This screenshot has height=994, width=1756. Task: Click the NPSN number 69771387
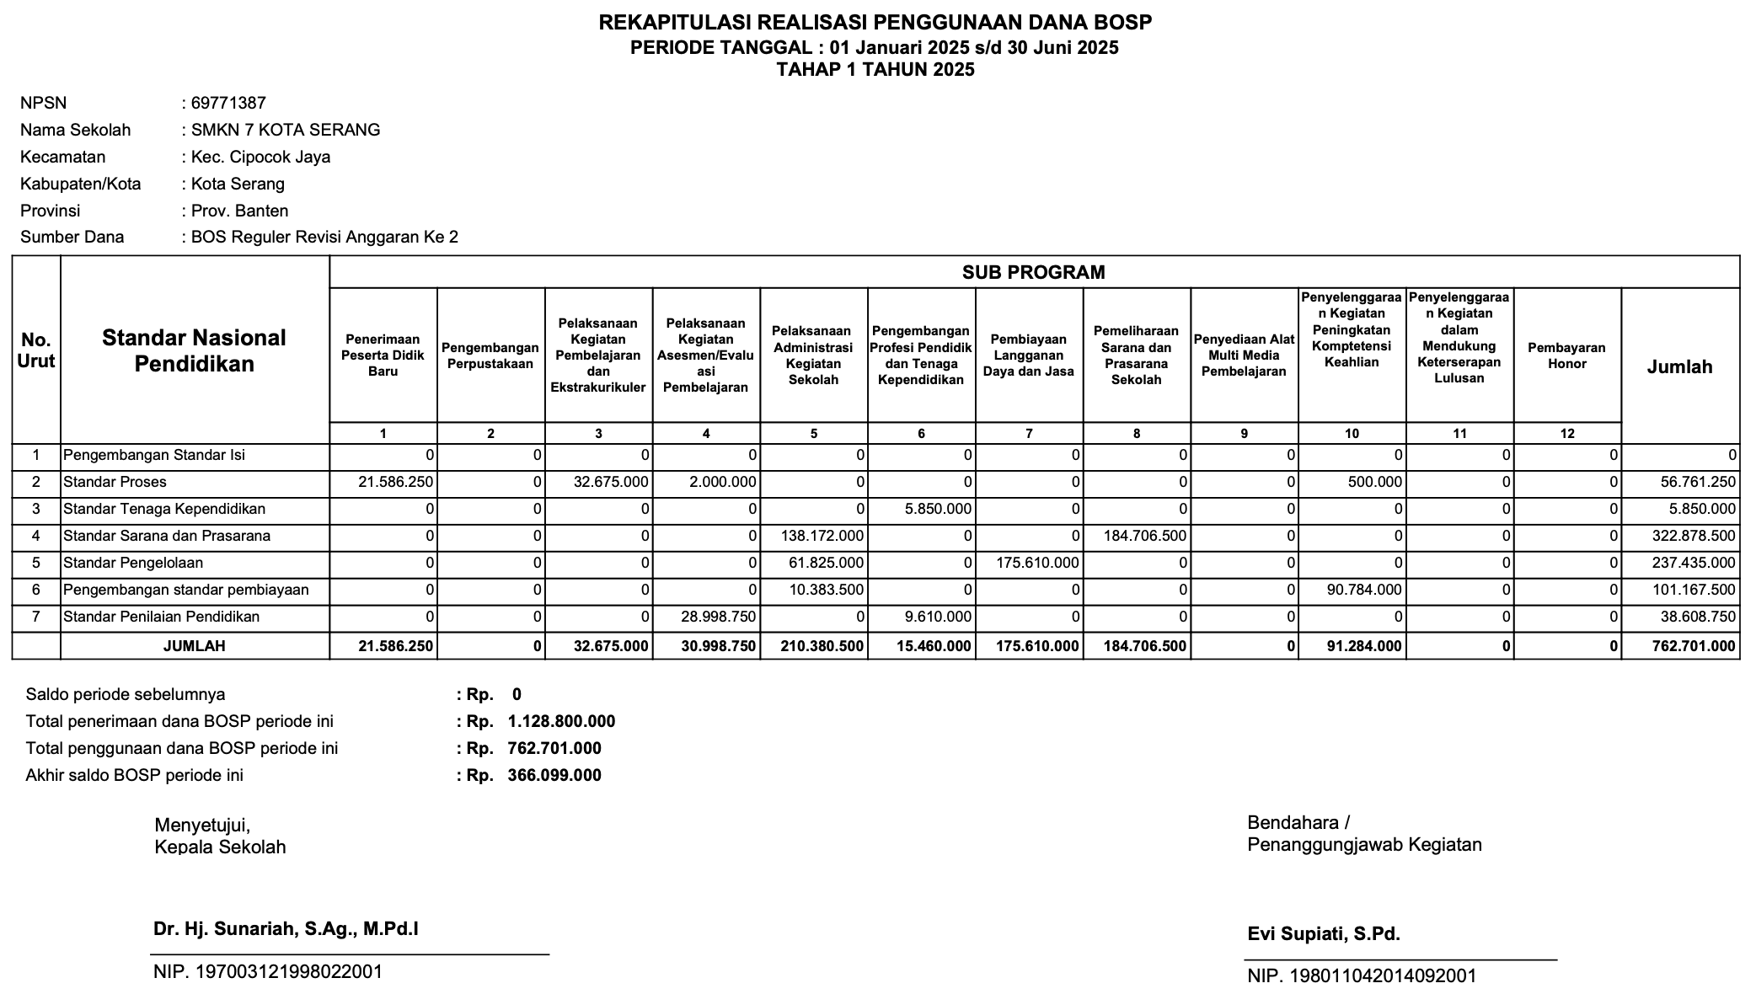[x=228, y=103]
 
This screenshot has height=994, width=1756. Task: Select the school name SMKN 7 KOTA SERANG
[x=286, y=130]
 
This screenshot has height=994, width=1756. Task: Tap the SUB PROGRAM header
[x=1033, y=272]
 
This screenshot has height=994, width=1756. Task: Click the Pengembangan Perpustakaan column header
[x=490, y=355]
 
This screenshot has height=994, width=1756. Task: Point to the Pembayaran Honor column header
[x=1566, y=355]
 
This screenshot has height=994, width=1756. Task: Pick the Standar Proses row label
[x=115, y=482]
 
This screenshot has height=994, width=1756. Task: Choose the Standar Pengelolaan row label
[x=133, y=563]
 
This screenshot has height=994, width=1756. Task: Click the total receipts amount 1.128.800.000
[x=561, y=721]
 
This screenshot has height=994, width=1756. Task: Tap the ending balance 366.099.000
[x=554, y=775]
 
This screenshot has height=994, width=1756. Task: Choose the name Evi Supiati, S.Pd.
[x=1324, y=933]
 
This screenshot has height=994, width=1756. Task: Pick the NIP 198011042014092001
[x=1362, y=975]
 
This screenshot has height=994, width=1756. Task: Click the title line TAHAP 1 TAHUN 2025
[x=875, y=70]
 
